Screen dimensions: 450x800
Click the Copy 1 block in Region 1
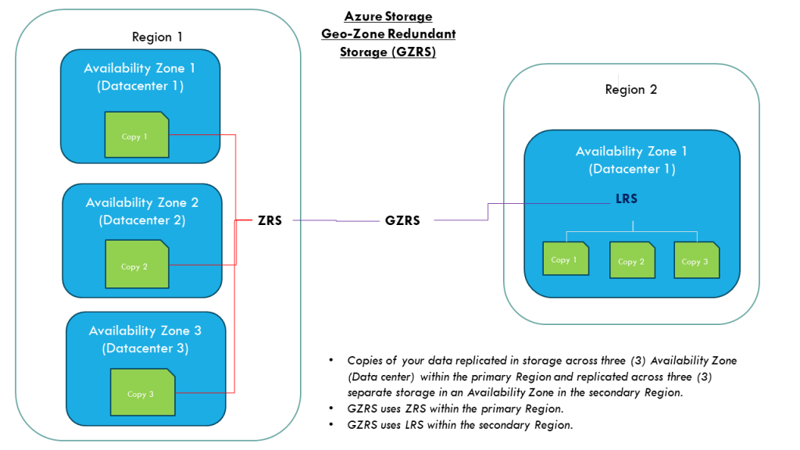click(137, 135)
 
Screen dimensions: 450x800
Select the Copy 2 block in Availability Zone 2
click(137, 265)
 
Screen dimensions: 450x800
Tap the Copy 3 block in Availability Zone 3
click(141, 393)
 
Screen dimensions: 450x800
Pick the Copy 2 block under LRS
click(632, 260)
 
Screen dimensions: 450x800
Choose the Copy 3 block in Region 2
click(696, 260)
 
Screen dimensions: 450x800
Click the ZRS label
click(269, 220)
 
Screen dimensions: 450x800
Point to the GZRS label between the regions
click(402, 220)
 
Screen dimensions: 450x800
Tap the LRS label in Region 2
click(627, 199)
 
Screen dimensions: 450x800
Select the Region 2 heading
click(630, 89)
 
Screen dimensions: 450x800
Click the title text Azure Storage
click(388, 16)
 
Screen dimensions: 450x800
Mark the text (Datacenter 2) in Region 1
click(142, 220)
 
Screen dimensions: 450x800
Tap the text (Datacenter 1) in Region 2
click(631, 169)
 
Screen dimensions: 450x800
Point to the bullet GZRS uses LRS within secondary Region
click(460, 425)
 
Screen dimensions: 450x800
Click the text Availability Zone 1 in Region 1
click(140, 69)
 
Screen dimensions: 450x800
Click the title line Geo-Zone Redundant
click(388, 34)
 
